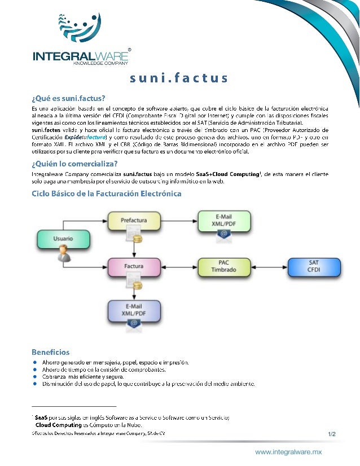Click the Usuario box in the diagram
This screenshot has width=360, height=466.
point(63,239)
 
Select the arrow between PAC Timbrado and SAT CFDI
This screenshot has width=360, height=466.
point(269,266)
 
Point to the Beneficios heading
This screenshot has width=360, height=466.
point(51,351)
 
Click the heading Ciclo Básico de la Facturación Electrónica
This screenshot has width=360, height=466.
point(107,194)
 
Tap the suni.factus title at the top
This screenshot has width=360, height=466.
point(178,77)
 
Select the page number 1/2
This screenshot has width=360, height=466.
point(331,434)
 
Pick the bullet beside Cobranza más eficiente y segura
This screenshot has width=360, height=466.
point(35,377)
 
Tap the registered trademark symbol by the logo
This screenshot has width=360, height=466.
point(131,49)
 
